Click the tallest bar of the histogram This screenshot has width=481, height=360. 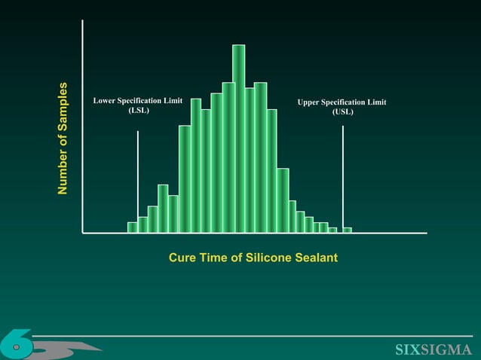pyautogui.click(x=239, y=136)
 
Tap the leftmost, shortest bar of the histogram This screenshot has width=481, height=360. pyautogui.click(x=132, y=227)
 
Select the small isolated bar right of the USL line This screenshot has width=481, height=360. pyautogui.click(x=348, y=230)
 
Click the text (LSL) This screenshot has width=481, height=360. pyautogui.click(x=138, y=110)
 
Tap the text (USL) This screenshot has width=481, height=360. pyautogui.click(x=342, y=112)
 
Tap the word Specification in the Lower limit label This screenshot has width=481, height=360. pyautogui.click(x=144, y=100)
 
